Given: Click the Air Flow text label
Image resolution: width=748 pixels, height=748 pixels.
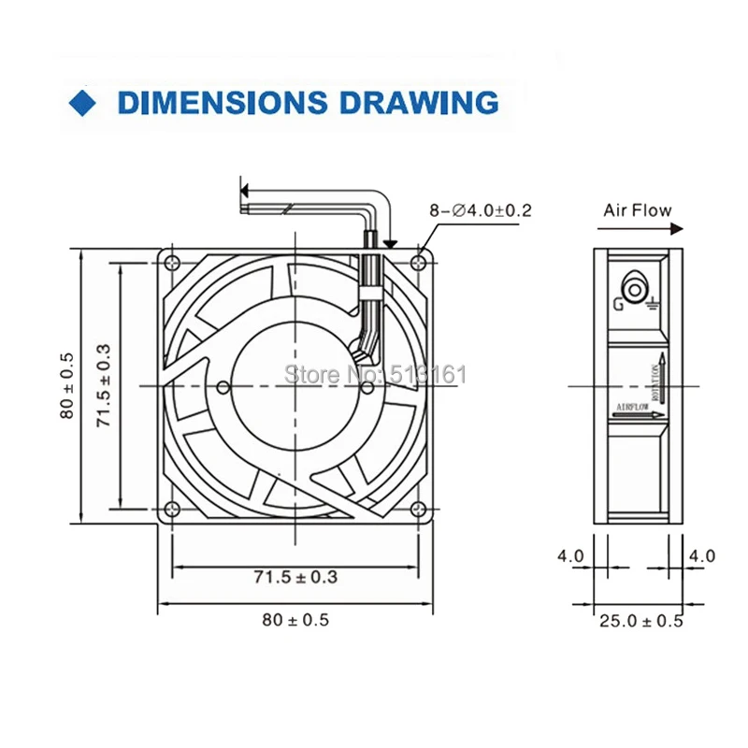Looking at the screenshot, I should point(638,210).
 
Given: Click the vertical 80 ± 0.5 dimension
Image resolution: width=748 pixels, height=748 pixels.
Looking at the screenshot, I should point(66,385).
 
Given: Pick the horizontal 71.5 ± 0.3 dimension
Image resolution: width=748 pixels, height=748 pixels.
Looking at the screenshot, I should point(295,577).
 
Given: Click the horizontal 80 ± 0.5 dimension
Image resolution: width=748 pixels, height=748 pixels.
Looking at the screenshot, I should point(295,619).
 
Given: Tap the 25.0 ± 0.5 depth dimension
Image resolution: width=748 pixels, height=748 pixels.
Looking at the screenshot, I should point(640,620).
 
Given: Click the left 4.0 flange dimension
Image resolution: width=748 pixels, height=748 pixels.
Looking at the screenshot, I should point(570,556).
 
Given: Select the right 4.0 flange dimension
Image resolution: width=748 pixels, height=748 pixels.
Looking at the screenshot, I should point(702,556).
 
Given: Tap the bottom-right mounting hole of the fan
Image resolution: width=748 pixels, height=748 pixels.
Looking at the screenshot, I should point(420,510).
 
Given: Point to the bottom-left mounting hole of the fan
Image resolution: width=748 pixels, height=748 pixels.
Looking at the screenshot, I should point(171,510).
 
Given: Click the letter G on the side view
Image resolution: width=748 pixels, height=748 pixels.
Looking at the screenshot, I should point(619,302).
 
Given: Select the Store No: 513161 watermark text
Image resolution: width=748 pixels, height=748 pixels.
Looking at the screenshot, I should point(374,375).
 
